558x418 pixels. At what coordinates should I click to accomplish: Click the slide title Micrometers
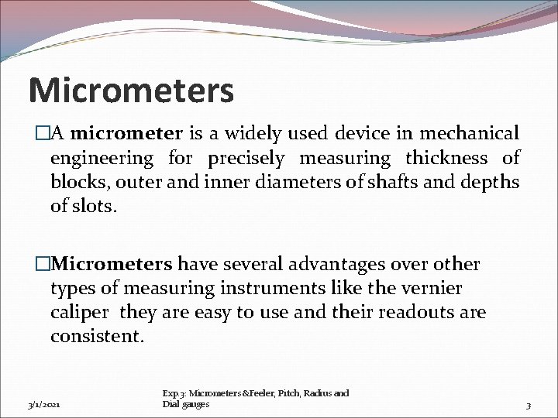pos(130,90)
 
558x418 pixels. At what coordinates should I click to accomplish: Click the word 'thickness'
pos(447,159)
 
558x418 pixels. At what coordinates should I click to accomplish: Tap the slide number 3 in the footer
pos(528,404)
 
